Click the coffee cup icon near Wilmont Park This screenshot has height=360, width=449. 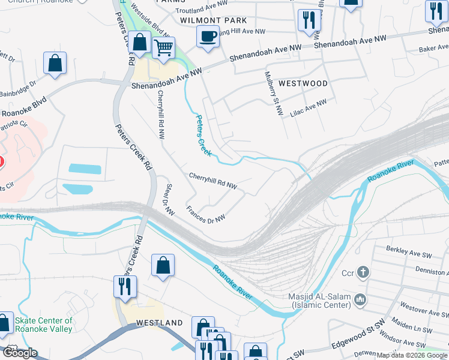208,37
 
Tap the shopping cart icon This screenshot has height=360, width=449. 163,47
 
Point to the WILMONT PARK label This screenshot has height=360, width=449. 214,20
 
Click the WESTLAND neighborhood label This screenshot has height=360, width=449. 159,323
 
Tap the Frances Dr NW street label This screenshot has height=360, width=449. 206,214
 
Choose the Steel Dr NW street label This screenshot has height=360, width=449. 169,200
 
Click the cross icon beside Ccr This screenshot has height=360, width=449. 363,272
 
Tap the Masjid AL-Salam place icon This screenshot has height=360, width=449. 359,299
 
